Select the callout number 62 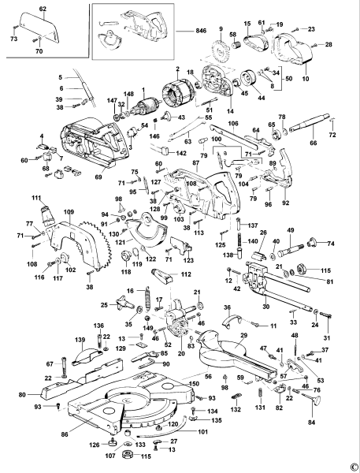[x=43, y=8]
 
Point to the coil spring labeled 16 [x=144, y=300]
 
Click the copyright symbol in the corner [x=354, y=466]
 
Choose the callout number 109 [x=69, y=212]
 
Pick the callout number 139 [x=79, y=340]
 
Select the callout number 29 [x=243, y=335]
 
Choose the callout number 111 [x=36, y=196]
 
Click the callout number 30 [x=265, y=307]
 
